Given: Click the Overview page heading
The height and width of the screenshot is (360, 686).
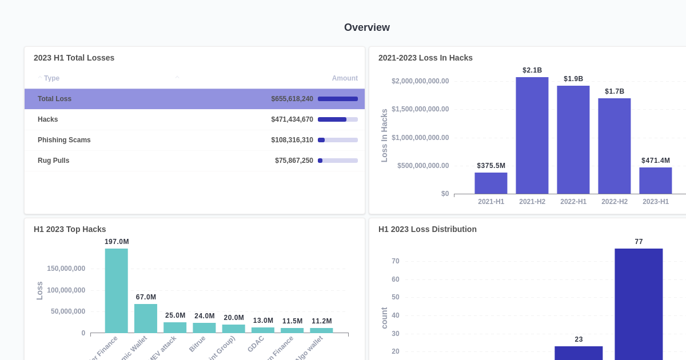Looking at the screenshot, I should [x=366, y=27].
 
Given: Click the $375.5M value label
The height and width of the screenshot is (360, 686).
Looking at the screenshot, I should [x=491, y=166].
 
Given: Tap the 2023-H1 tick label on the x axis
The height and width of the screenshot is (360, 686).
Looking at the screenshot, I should [x=655, y=202].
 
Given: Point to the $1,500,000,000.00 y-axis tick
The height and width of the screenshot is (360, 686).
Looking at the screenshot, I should [x=420, y=109].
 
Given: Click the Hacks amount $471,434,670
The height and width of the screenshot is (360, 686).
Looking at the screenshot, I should [x=292, y=119].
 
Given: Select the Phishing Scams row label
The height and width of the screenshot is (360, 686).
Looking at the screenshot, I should [x=64, y=140].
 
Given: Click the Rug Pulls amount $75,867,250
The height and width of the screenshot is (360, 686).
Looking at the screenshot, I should [x=294, y=161].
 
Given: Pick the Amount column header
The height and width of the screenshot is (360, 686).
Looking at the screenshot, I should [x=345, y=78].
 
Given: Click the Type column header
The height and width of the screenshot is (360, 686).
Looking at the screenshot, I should [x=51, y=78].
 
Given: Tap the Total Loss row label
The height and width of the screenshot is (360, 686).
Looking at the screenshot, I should [x=54, y=99].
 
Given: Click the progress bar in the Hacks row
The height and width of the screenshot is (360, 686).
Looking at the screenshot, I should [x=337, y=119].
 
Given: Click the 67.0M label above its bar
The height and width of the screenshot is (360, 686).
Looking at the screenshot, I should [x=146, y=297].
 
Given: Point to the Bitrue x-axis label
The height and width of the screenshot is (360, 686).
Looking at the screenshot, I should [x=197, y=343].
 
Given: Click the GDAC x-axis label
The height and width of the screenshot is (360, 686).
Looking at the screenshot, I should [x=256, y=343].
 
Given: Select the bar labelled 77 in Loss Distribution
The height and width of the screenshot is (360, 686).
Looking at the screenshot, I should [x=639, y=303].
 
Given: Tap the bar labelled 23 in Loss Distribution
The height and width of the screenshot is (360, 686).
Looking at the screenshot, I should [x=578, y=353].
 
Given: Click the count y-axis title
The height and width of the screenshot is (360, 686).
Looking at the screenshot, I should [x=384, y=318].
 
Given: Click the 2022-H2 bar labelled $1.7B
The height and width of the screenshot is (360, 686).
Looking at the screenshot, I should [x=614, y=146].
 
